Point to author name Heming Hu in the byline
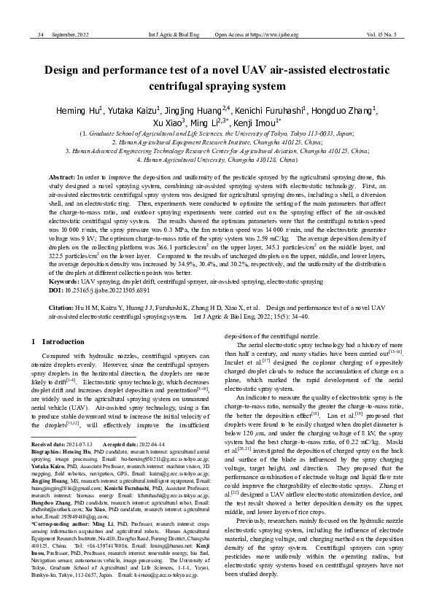click(80, 111)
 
